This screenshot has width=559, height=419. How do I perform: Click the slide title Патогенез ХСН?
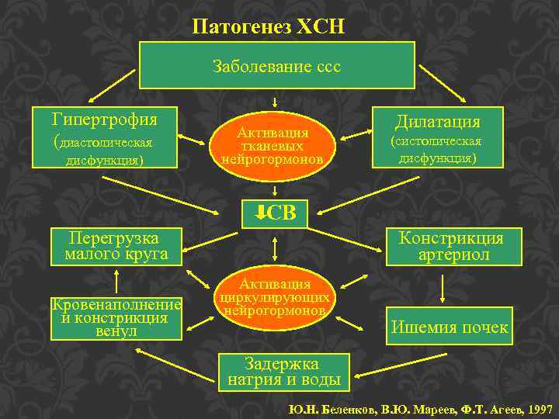pos(269,26)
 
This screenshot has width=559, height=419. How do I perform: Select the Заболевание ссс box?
pos(276,66)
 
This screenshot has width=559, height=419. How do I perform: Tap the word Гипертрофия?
pos(104,119)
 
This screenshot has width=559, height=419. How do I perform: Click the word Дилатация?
pos(438,122)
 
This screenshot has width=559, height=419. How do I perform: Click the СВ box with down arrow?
pos(275,213)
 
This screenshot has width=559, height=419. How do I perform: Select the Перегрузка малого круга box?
pos(116,246)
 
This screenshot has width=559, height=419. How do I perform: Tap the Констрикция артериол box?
pos(451,246)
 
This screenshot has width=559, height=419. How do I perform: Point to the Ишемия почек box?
pos(450,327)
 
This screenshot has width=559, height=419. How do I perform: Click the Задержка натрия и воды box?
pos(283,372)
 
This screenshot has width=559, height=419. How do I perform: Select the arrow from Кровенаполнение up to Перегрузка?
pos(116,280)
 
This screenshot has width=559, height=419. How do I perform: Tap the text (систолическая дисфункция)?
pos(437,150)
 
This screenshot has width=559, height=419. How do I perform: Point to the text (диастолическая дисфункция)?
pos(103,152)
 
